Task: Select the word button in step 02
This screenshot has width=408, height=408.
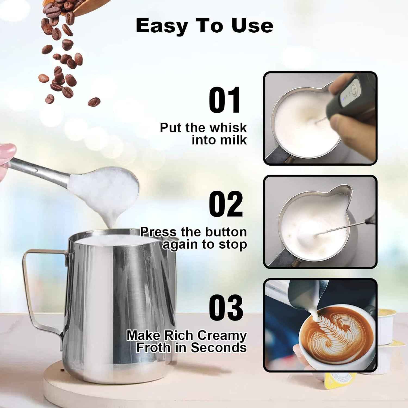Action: pos(226,232)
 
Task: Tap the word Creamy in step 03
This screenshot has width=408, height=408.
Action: pos(222,335)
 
